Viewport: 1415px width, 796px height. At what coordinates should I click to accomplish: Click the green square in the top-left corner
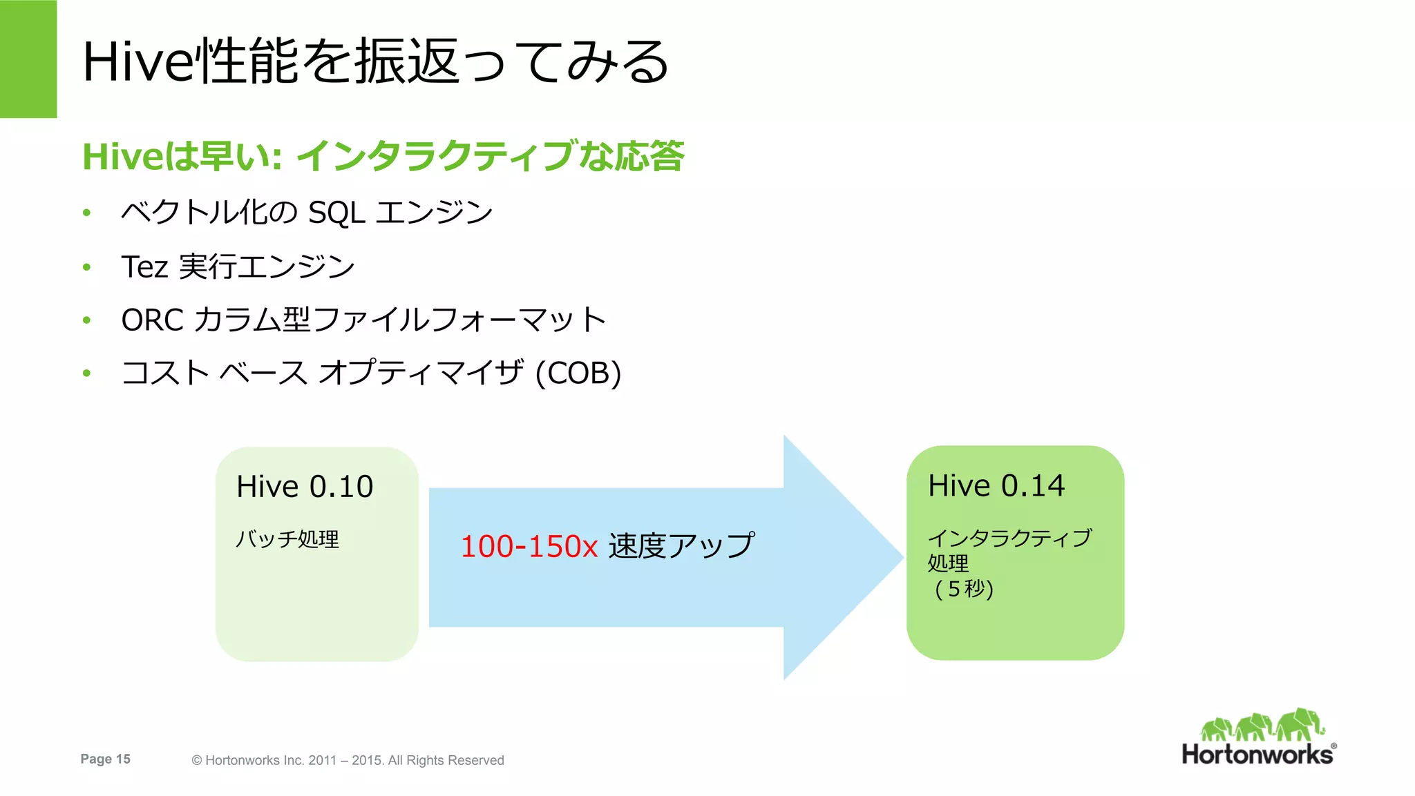[x=28, y=59]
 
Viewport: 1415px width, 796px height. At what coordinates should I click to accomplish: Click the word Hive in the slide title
[x=137, y=62]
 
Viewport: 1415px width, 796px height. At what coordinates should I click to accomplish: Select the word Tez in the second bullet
[x=144, y=267]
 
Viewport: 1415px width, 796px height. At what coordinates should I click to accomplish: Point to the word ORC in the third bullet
[x=152, y=320]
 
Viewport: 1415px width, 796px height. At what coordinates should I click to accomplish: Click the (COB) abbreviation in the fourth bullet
[x=579, y=373]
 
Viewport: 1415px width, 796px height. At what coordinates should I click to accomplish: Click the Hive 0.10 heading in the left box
[x=305, y=487]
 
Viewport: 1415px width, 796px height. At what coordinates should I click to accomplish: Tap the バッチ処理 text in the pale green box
[x=287, y=539]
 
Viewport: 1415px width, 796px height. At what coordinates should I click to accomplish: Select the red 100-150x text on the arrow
[x=529, y=547]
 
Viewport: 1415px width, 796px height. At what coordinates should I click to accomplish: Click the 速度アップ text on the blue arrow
[x=681, y=546]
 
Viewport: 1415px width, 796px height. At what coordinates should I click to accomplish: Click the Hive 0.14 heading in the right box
[x=996, y=486]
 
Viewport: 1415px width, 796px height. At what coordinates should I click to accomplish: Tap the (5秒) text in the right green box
[x=964, y=589]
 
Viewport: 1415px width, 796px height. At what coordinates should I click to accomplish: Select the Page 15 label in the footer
[x=105, y=759]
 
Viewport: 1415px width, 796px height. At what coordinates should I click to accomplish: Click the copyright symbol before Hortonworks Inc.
[x=197, y=761]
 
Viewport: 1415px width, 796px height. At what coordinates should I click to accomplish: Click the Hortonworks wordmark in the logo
[x=1257, y=755]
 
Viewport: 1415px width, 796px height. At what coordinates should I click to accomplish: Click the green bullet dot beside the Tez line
[x=86, y=267]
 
